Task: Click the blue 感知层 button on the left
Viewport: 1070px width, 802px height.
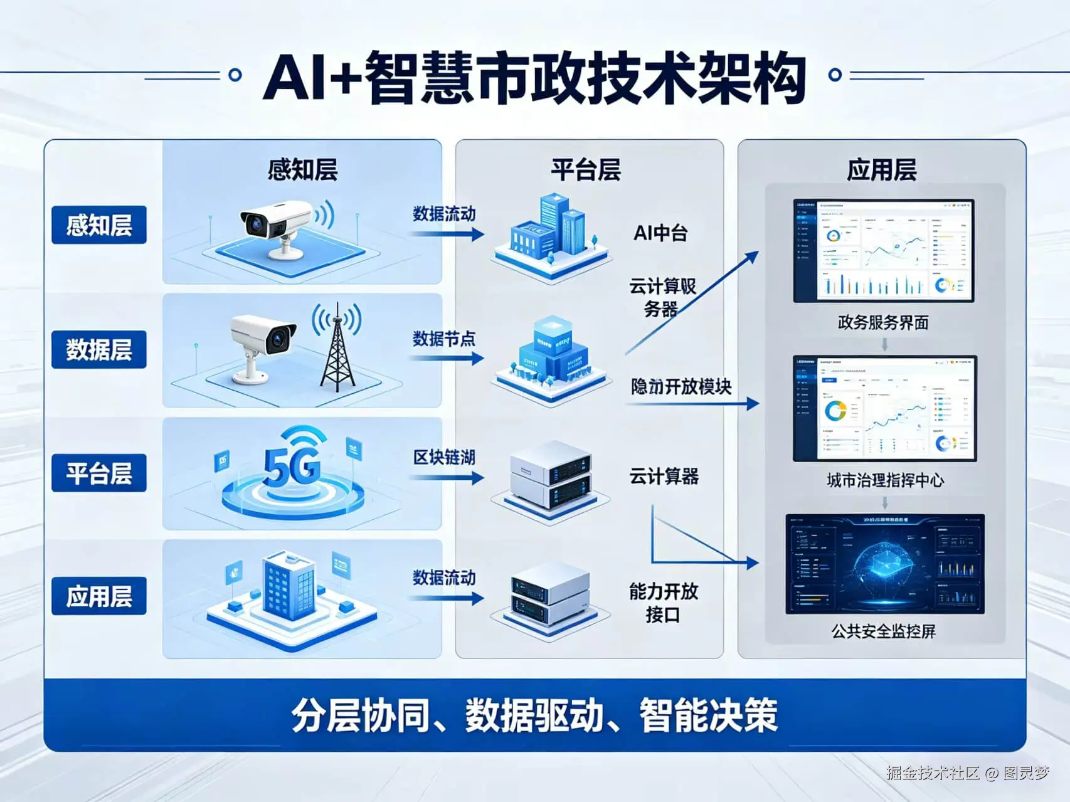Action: click(98, 224)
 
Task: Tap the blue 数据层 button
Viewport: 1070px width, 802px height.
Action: click(98, 349)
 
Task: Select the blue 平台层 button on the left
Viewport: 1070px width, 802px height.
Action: click(98, 473)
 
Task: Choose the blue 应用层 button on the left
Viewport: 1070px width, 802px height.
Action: click(98, 596)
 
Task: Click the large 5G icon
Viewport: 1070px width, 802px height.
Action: click(292, 467)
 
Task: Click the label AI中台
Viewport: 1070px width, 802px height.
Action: click(660, 233)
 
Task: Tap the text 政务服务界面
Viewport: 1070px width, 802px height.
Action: click(882, 323)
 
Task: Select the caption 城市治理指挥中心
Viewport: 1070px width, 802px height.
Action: click(884, 480)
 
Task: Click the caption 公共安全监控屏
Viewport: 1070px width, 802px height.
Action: click(883, 631)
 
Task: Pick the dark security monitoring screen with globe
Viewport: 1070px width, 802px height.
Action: click(884, 564)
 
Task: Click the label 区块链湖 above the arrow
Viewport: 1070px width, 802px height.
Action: click(444, 457)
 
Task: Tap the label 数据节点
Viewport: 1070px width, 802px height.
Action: click(444, 339)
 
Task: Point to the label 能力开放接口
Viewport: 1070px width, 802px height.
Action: click(663, 603)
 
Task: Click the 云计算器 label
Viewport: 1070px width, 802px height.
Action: click(664, 477)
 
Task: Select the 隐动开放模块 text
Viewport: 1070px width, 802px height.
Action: click(681, 386)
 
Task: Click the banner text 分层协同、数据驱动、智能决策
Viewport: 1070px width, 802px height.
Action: click(534, 715)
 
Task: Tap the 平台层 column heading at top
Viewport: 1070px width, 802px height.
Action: click(586, 170)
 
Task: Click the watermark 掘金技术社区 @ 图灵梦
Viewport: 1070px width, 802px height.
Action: click(967, 773)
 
